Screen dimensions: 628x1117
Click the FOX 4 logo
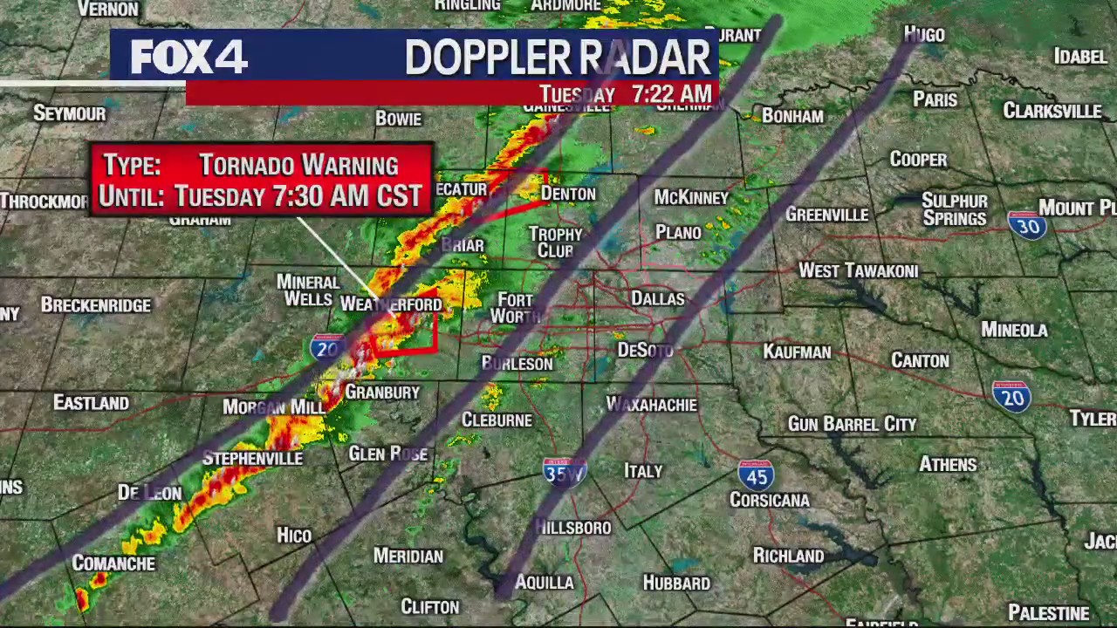click(x=188, y=58)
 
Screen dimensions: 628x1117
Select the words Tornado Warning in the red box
click(x=298, y=165)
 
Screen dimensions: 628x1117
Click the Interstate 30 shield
click(x=1027, y=224)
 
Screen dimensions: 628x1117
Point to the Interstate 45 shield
click(x=755, y=474)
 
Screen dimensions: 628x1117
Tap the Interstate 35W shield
click(x=564, y=471)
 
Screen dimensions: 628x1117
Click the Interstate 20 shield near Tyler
click(x=1011, y=397)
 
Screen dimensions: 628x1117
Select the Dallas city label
click(x=658, y=299)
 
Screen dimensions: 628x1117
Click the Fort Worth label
click(x=515, y=308)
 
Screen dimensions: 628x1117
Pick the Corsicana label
click(x=770, y=501)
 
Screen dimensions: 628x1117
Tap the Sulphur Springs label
click(x=955, y=209)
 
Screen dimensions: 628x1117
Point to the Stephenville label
click(x=252, y=459)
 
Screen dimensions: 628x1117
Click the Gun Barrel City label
click(x=852, y=425)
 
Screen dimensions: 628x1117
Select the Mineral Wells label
click(x=308, y=290)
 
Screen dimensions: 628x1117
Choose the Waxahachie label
click(x=652, y=406)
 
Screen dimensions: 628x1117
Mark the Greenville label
click(x=826, y=215)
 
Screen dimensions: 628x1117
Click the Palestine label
click(x=1049, y=613)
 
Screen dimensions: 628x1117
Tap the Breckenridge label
click(x=96, y=305)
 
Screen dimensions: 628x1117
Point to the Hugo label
click(x=924, y=35)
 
